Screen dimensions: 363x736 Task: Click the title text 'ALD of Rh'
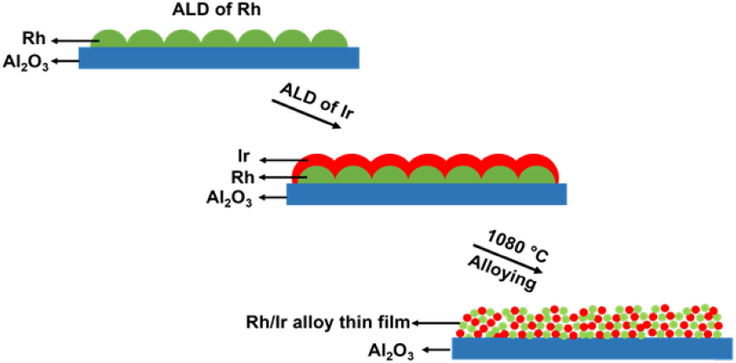click(x=216, y=9)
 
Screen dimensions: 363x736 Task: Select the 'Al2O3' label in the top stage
click(x=26, y=62)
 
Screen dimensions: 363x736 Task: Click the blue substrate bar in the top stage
click(x=219, y=58)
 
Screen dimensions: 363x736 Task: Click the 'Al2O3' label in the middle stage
click(x=229, y=198)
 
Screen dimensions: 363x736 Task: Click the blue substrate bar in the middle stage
click(x=426, y=194)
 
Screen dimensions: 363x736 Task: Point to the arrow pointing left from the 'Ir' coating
click(x=284, y=160)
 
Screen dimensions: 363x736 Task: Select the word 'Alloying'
click(x=500, y=275)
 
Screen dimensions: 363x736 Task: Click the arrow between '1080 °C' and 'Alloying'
click(x=508, y=259)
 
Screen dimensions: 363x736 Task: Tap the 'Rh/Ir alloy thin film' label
click(x=327, y=323)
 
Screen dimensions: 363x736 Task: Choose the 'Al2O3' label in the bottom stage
click(x=391, y=351)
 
